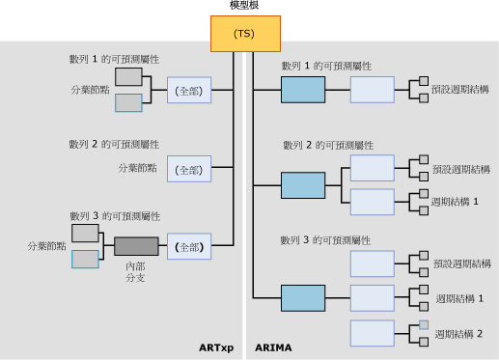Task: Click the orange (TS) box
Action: click(x=245, y=34)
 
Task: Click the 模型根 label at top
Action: click(x=245, y=7)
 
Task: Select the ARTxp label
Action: click(x=215, y=347)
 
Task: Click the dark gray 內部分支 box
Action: click(x=136, y=245)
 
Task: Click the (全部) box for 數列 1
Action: click(x=186, y=90)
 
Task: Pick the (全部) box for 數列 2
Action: click(x=186, y=169)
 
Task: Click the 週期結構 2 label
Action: click(x=464, y=334)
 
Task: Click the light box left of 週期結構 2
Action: click(x=372, y=334)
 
